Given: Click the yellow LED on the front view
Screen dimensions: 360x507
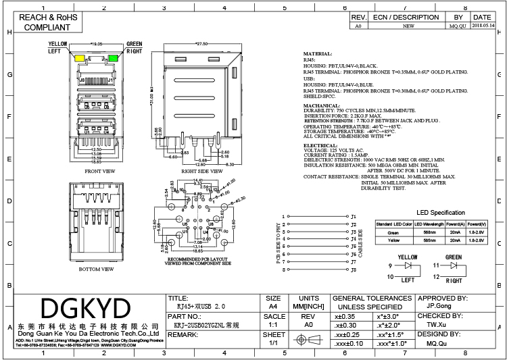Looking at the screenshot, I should pyautogui.click(x=80, y=58).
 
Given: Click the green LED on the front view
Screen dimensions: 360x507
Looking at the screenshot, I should pyautogui.click(x=114, y=58).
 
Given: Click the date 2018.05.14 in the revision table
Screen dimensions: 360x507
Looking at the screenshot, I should pyautogui.click(x=482, y=25).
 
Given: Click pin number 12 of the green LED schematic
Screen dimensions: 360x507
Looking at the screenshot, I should pyautogui.click(x=436, y=276).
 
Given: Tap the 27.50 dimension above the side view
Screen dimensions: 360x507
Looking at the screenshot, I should pyautogui.click(x=201, y=44).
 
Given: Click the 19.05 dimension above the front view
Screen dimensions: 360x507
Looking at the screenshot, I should pyautogui.click(x=97, y=44).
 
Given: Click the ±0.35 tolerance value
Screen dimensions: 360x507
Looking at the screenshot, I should pyautogui.click(x=346, y=315).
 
